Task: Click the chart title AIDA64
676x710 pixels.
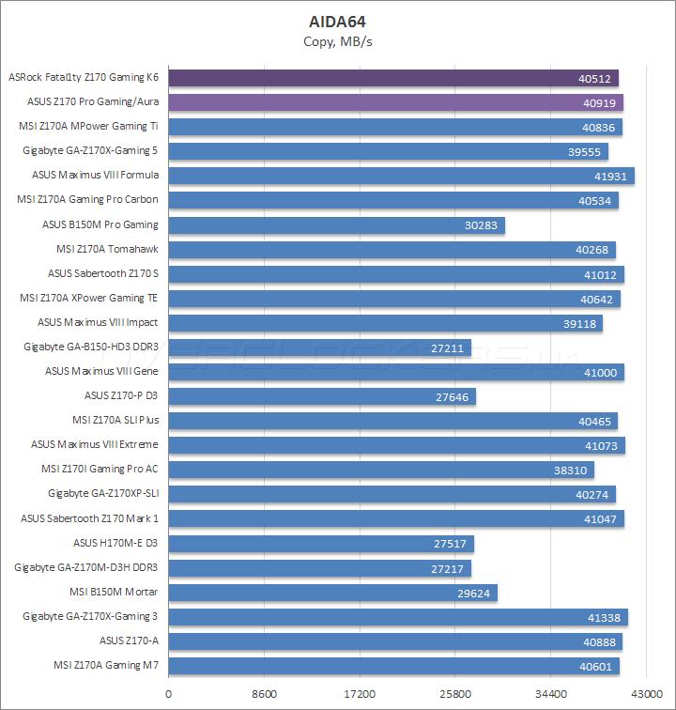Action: [338, 21]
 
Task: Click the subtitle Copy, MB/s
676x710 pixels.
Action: [338, 41]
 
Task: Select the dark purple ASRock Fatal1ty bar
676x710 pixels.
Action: [392, 78]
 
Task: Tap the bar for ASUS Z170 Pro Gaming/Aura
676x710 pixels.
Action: [395, 102]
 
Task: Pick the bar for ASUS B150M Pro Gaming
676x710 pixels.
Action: [336, 225]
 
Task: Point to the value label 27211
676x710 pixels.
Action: [449, 347]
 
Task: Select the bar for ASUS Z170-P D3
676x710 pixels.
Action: [322, 396]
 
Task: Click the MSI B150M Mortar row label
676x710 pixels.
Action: [114, 592]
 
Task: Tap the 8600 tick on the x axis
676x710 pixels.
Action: [264, 694]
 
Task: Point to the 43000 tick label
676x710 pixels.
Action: [646, 694]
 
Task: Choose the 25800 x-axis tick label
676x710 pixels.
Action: [455, 694]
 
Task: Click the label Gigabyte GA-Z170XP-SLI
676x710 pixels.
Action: [103, 494]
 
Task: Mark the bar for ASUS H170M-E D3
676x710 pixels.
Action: [321, 544]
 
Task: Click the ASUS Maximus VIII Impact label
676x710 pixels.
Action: [98, 322]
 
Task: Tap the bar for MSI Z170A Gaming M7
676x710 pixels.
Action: [394, 666]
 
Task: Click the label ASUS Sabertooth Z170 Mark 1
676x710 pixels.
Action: [90, 518]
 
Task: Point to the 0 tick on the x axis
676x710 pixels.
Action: [168, 694]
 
